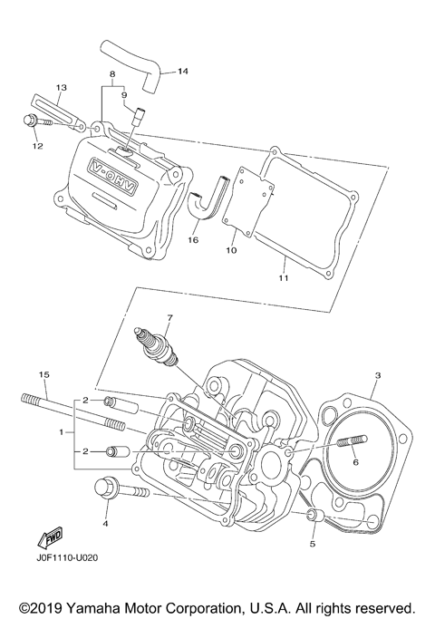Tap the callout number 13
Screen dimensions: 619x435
pyautogui.click(x=62, y=88)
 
